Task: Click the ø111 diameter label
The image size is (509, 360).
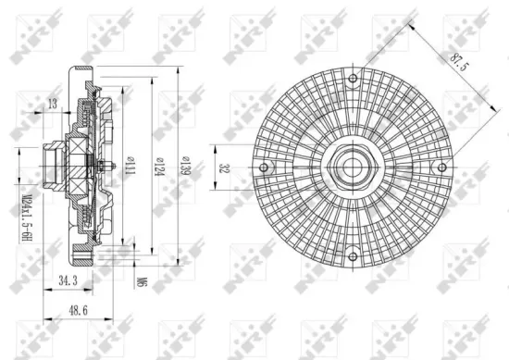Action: (x=130, y=167)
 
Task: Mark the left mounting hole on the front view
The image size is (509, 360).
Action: (x=264, y=168)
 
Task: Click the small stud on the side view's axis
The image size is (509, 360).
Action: (x=111, y=168)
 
